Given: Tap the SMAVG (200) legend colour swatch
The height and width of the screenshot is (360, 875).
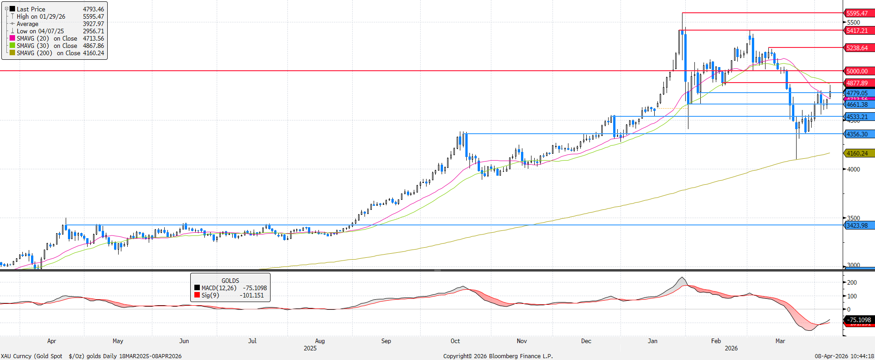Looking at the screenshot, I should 12,53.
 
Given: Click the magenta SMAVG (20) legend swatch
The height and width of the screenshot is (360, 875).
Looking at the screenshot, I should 12,38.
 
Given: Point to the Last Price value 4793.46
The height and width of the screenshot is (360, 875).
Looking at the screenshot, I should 93,9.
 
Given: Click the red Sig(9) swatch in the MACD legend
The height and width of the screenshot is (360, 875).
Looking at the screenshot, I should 197,295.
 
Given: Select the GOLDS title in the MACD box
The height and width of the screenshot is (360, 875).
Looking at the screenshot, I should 230,281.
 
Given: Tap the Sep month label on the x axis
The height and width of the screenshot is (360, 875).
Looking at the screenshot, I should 386,341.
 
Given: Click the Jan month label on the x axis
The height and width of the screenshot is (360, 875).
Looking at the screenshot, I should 652,341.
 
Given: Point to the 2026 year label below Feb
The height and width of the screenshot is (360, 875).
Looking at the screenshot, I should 731,348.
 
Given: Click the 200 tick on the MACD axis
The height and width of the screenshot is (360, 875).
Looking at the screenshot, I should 852,282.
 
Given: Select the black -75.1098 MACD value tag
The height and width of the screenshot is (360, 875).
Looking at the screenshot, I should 859,320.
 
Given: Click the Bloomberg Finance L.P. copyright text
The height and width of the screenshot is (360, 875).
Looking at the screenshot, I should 498,356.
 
